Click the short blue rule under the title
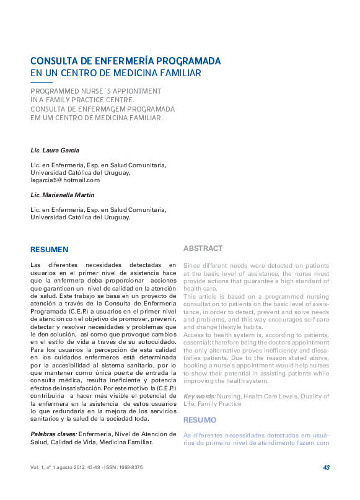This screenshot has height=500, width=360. [x=42, y=82]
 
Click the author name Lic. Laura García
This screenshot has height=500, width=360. [x=55, y=151]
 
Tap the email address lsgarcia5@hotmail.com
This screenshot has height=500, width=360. [x=65, y=180]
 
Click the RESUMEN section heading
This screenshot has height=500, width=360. [x=49, y=249]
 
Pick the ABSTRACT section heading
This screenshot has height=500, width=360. [x=203, y=248]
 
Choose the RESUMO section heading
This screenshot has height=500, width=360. [x=199, y=419]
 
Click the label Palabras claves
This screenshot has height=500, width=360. [x=53, y=434]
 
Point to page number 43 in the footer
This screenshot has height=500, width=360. [x=326, y=467]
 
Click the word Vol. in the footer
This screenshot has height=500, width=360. [x=35, y=467]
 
